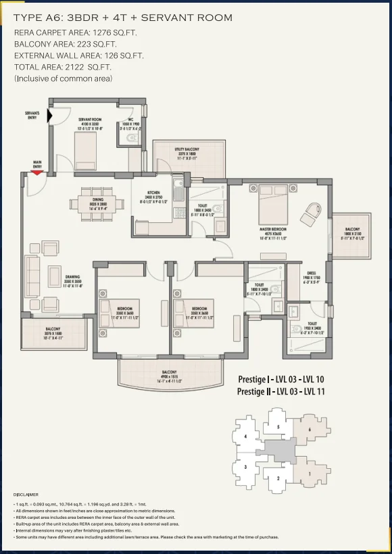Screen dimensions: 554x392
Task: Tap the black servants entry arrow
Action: pyautogui.click(x=49, y=116)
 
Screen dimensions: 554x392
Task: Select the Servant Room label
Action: pyautogui.click(x=90, y=122)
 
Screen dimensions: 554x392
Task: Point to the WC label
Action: pyautogui.click(x=130, y=122)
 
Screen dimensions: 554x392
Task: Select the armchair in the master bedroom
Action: pyautogui.click(x=312, y=213)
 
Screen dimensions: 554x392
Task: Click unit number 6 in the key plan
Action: pyautogui.click(x=309, y=429)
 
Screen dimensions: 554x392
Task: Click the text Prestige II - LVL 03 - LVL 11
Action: pyautogui.click(x=280, y=391)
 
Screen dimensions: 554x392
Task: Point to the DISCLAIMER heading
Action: pyautogui.click(x=26, y=495)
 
